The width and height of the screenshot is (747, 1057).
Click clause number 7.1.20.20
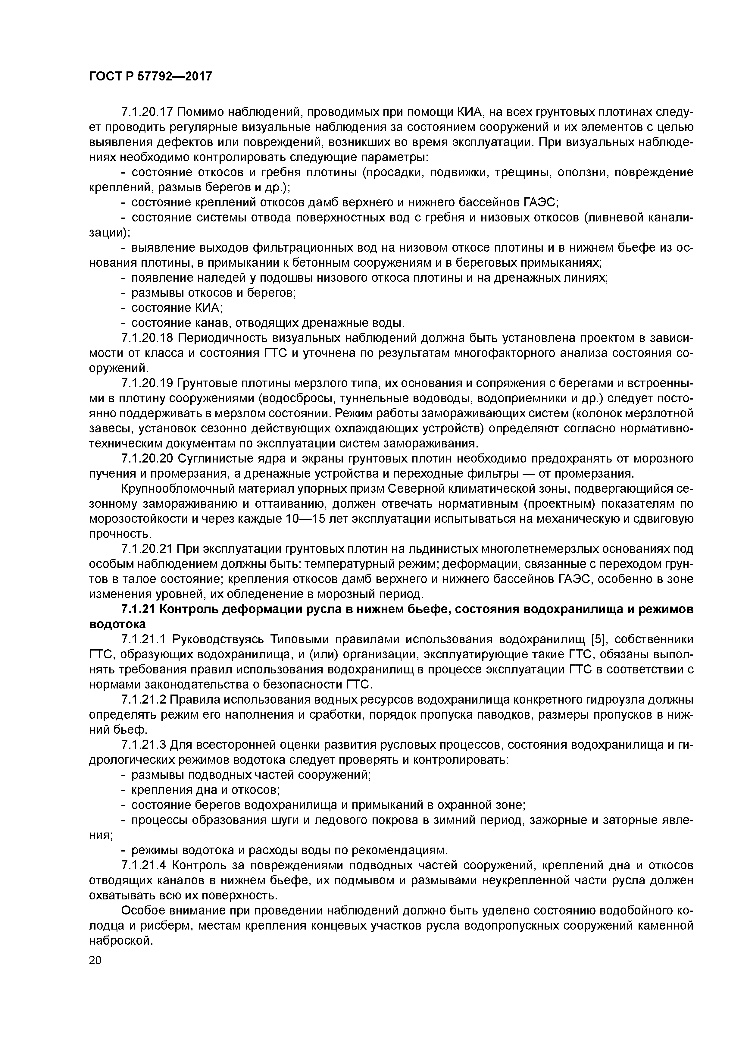point(146,459)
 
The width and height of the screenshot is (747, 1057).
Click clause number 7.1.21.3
point(143,745)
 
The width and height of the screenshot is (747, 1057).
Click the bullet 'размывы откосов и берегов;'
point(213,293)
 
